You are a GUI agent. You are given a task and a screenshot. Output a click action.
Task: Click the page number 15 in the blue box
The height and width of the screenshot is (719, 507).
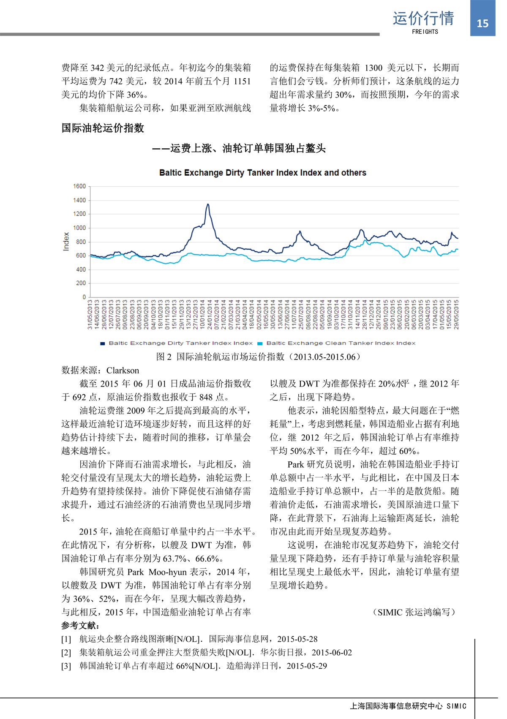(x=482, y=23)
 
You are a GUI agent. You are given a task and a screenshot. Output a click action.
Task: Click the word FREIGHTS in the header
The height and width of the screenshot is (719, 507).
(x=425, y=32)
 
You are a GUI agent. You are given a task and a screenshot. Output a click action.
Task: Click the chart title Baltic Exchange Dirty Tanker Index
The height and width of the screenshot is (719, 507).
(x=262, y=173)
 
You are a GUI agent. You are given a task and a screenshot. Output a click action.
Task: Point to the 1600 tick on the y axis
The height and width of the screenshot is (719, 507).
(x=79, y=186)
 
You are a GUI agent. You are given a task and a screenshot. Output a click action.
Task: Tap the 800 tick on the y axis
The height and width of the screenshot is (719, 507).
(x=81, y=242)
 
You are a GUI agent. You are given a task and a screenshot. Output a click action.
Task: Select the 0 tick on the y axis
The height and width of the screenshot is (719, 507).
(x=84, y=297)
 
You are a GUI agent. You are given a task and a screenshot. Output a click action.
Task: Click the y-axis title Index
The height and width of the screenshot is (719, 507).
(x=66, y=242)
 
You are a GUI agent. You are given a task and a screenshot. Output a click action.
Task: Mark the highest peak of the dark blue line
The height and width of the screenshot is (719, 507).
(x=208, y=204)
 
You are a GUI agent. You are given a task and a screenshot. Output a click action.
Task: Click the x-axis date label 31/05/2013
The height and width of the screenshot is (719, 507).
(x=90, y=315)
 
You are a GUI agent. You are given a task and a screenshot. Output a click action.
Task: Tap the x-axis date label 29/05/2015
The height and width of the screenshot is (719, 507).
(x=456, y=315)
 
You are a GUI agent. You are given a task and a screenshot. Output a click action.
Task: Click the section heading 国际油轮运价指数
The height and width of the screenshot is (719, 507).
(x=103, y=128)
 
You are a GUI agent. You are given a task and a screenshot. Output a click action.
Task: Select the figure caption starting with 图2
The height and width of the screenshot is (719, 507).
(x=259, y=357)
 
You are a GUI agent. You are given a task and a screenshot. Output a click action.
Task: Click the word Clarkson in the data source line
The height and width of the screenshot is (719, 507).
(x=123, y=370)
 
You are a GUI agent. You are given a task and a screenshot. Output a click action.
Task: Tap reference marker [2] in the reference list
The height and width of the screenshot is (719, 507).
(x=66, y=653)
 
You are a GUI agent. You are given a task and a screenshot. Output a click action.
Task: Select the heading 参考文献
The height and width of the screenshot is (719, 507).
(x=80, y=626)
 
